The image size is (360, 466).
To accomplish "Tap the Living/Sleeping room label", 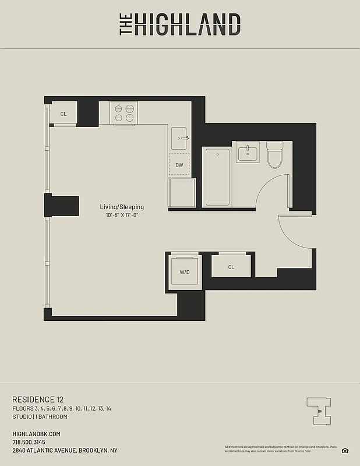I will (122, 207).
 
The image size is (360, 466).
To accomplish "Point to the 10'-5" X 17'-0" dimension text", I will (122, 216).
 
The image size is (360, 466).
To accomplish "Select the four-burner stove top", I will (123, 112).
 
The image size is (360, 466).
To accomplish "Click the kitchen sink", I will (180, 138).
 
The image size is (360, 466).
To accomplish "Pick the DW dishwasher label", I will (179, 165).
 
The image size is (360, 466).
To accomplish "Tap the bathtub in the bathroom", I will (217, 177).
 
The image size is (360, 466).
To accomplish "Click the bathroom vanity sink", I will (248, 154).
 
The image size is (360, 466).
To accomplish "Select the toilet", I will (274, 154).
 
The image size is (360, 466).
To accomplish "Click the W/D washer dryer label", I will (184, 272).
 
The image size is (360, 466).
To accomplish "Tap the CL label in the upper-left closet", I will (63, 114).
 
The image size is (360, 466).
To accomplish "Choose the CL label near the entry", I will (231, 267).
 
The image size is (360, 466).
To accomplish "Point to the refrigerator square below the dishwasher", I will (182, 192).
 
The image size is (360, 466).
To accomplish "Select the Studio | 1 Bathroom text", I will (40, 416).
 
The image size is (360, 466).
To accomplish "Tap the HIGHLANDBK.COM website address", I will (36, 434).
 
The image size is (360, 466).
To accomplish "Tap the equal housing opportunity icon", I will (345, 450).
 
